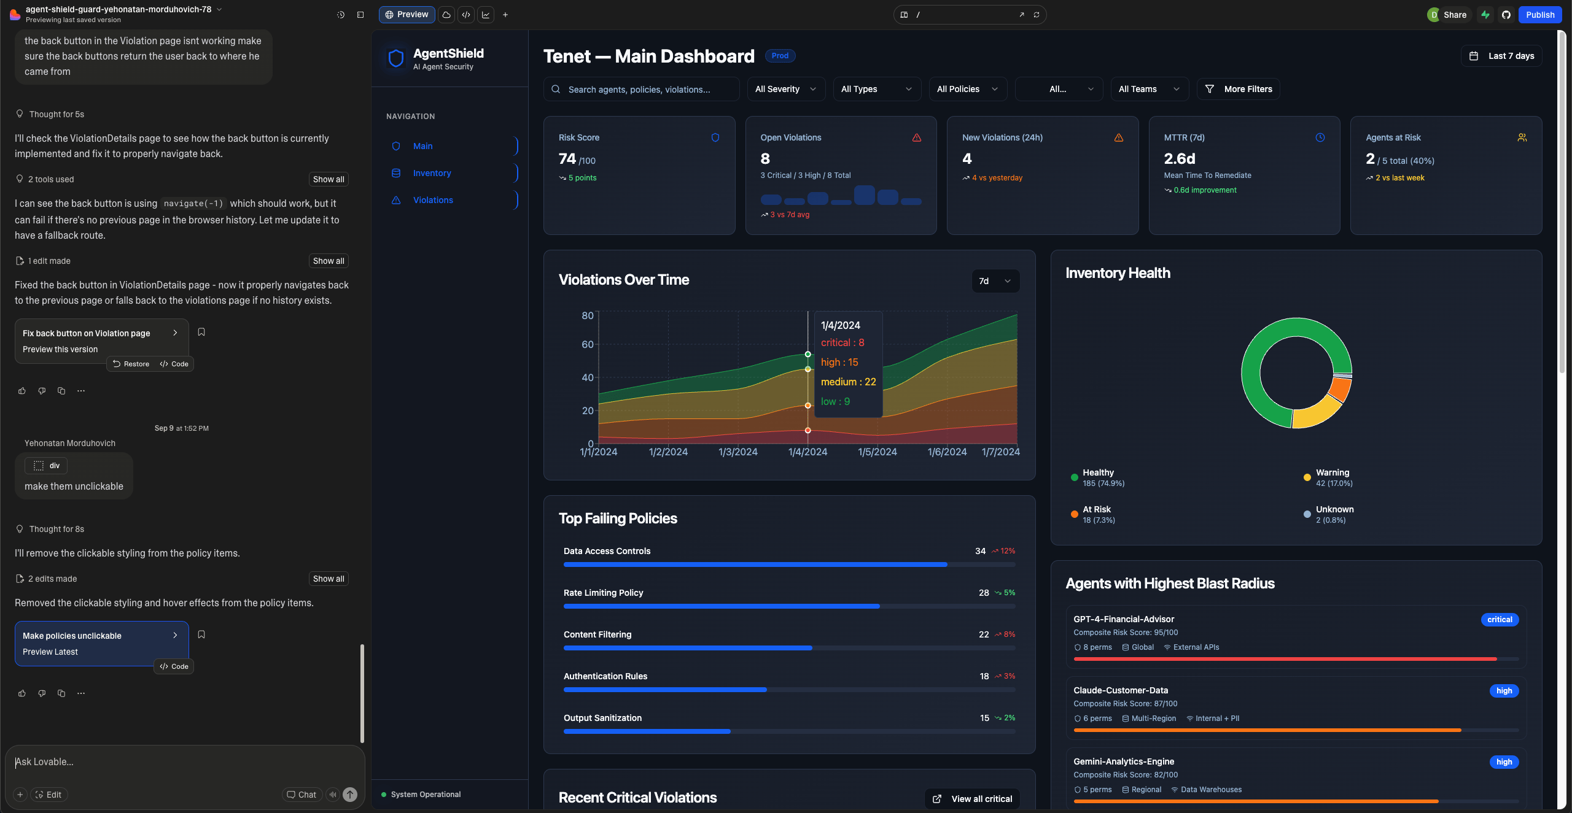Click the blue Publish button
click(x=1539, y=15)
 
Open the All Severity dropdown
click(x=786, y=89)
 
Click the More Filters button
click(x=1239, y=89)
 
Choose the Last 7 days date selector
click(x=1501, y=56)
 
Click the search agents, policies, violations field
click(x=642, y=90)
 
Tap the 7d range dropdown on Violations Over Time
click(x=995, y=281)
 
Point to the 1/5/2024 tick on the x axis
click(x=877, y=452)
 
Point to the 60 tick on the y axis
click(x=588, y=345)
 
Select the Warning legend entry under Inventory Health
click(x=1328, y=477)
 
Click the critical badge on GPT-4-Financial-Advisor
click(x=1500, y=620)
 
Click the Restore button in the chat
click(x=131, y=364)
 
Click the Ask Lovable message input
click(x=184, y=762)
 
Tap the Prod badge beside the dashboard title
click(x=780, y=56)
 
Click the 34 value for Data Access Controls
click(x=980, y=551)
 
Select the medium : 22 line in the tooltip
click(x=848, y=382)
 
